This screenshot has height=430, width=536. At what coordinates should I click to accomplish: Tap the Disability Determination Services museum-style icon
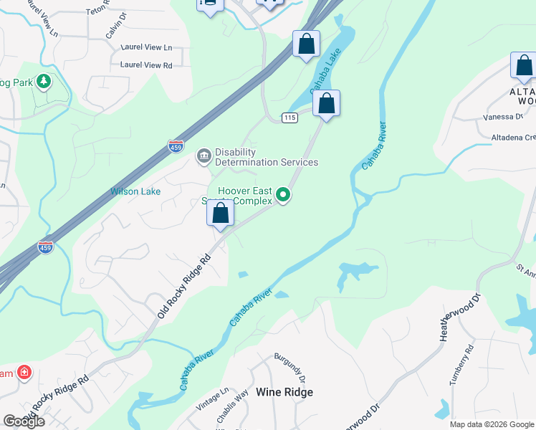coord(204,155)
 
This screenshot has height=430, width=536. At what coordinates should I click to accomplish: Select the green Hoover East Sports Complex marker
coord(284,194)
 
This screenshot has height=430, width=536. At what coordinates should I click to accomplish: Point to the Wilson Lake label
coord(135,191)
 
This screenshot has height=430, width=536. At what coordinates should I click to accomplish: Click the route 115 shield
coord(289,118)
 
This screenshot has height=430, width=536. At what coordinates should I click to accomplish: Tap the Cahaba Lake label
coord(322,75)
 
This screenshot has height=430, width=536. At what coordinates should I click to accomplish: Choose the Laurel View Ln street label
coord(148,48)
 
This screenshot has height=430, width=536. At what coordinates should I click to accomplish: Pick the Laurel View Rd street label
coord(146,65)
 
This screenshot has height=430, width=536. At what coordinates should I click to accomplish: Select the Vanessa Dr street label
coord(504,117)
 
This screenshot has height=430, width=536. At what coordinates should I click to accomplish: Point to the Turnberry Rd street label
coord(461,365)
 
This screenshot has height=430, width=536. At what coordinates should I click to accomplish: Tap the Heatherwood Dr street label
coord(460,317)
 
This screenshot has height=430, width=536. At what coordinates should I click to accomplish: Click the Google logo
coord(24,421)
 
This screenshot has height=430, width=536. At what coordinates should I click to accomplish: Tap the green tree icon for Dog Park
coord(44,82)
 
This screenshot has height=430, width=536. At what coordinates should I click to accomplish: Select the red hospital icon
coord(24,373)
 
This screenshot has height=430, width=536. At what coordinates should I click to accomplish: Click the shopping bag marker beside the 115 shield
coord(326,103)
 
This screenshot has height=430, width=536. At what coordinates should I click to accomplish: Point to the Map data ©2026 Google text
coord(492,424)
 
